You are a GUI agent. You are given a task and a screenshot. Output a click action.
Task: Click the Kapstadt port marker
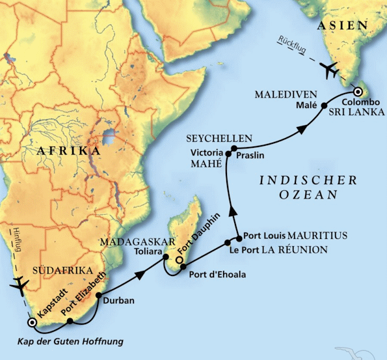click(31, 322)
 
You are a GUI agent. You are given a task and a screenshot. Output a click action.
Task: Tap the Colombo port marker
click(357, 91)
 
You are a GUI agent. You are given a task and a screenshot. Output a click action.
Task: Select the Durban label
click(118, 300)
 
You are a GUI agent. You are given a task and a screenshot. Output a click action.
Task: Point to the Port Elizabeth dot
click(70, 320)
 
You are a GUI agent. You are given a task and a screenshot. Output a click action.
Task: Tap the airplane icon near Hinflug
click(20, 284)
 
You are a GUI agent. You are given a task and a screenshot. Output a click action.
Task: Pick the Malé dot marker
click(325, 105)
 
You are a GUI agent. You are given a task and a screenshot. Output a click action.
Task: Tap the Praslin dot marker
click(234, 149)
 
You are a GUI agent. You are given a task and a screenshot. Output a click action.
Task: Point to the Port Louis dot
click(239, 235)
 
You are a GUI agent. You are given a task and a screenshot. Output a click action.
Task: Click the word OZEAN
click(315, 195)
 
